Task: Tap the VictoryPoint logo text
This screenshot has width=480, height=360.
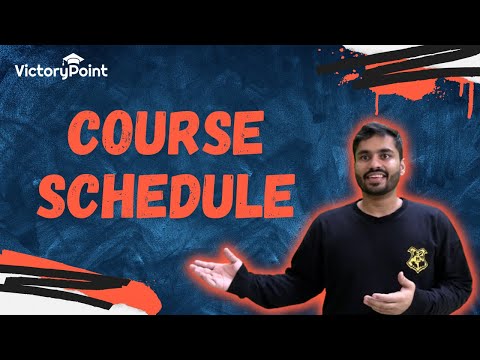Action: click(63, 70)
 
